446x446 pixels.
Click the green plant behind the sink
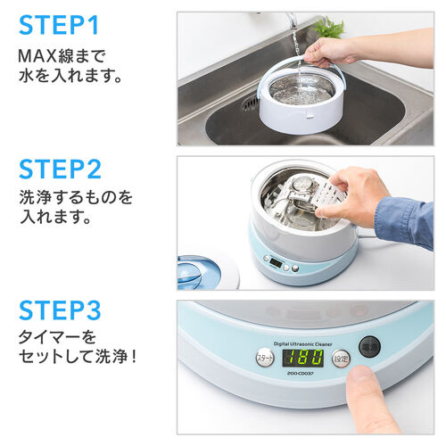329,27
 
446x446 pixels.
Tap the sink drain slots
251,102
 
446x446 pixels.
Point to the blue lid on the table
202,269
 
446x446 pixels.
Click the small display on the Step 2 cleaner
275,263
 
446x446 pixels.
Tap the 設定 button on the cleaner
340,357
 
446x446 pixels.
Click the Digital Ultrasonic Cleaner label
303,340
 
